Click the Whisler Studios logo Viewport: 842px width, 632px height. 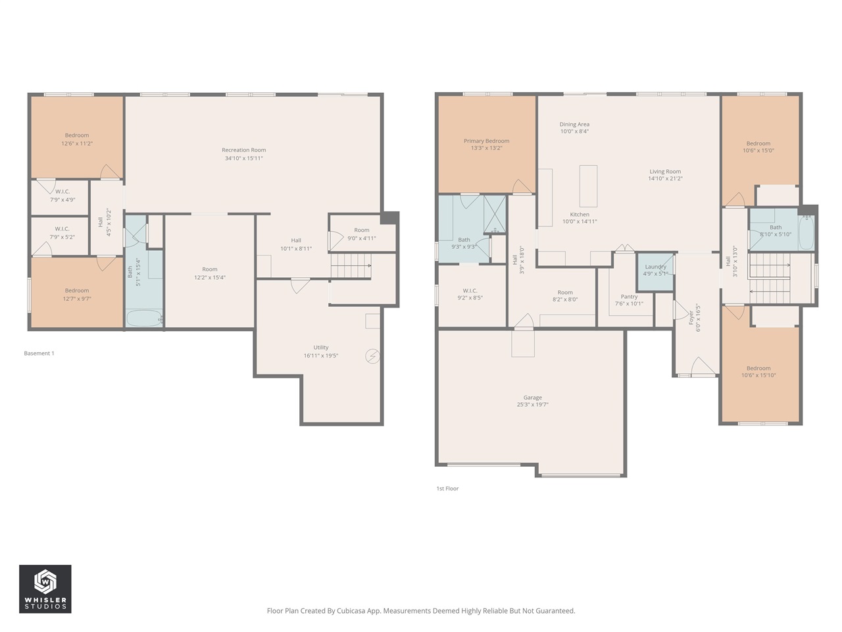click(45, 589)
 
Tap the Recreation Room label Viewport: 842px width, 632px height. click(243, 150)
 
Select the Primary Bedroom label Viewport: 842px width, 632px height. click(486, 141)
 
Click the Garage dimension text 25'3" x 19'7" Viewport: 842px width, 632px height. click(532, 405)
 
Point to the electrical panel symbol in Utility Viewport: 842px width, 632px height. click(372, 356)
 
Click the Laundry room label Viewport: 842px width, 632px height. click(655, 267)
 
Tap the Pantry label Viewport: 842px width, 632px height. click(629, 297)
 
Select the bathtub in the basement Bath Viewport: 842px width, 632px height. click(144, 319)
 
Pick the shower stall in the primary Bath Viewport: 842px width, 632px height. click(494, 214)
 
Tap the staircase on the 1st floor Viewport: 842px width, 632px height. click(769, 277)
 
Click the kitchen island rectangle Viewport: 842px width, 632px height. click(588, 186)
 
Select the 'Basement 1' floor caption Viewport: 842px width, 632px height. click(39, 354)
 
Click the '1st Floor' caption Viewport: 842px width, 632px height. click(447, 488)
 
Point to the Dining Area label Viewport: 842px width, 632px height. click(574, 124)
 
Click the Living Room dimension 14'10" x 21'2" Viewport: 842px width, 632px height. click(665, 178)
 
